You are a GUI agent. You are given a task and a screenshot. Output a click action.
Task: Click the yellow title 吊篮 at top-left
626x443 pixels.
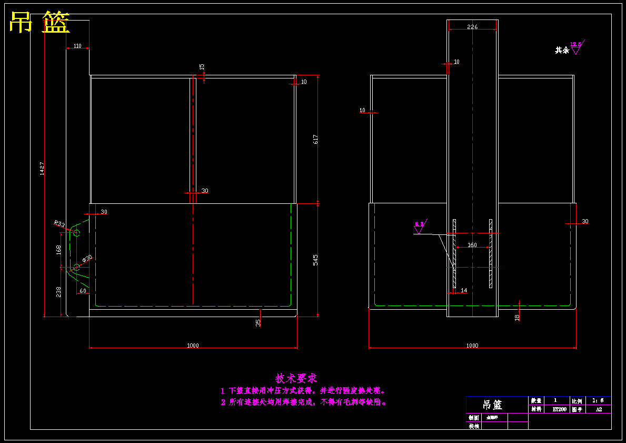click(x=39, y=23)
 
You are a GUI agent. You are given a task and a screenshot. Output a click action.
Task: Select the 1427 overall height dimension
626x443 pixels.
click(x=42, y=169)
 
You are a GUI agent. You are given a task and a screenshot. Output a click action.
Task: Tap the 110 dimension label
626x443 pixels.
click(x=77, y=46)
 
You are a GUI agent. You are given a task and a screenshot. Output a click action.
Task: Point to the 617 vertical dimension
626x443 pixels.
click(x=316, y=139)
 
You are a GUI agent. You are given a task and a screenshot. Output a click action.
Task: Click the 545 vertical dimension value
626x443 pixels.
click(x=316, y=260)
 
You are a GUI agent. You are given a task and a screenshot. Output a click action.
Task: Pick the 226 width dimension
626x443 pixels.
click(x=472, y=27)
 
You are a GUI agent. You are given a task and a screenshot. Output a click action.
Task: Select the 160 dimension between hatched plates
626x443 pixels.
click(x=472, y=245)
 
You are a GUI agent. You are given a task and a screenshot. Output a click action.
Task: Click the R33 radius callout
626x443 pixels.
click(x=59, y=224)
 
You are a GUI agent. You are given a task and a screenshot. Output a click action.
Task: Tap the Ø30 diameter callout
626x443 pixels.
click(x=87, y=259)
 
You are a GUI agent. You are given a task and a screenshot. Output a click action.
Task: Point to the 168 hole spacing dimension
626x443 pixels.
click(x=58, y=249)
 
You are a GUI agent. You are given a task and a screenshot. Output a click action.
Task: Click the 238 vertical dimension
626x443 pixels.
click(x=58, y=291)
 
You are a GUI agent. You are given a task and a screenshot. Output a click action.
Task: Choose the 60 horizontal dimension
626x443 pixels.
click(x=83, y=291)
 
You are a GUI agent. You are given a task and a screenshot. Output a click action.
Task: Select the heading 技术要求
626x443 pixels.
click(x=296, y=378)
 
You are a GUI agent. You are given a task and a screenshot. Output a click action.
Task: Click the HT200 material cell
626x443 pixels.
click(x=559, y=409)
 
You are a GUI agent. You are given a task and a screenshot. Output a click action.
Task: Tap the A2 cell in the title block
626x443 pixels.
click(x=599, y=409)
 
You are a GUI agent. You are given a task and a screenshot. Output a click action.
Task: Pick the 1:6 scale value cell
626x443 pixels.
click(x=598, y=401)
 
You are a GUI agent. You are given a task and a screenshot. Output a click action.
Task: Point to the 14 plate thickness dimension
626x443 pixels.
click(x=464, y=290)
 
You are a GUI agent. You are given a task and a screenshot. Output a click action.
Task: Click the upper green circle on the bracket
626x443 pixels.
click(x=76, y=233)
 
